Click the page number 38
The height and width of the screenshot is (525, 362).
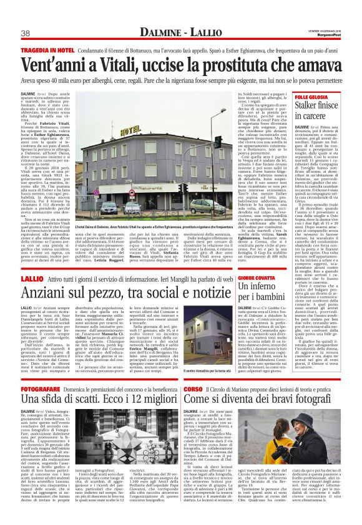(26, 33)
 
